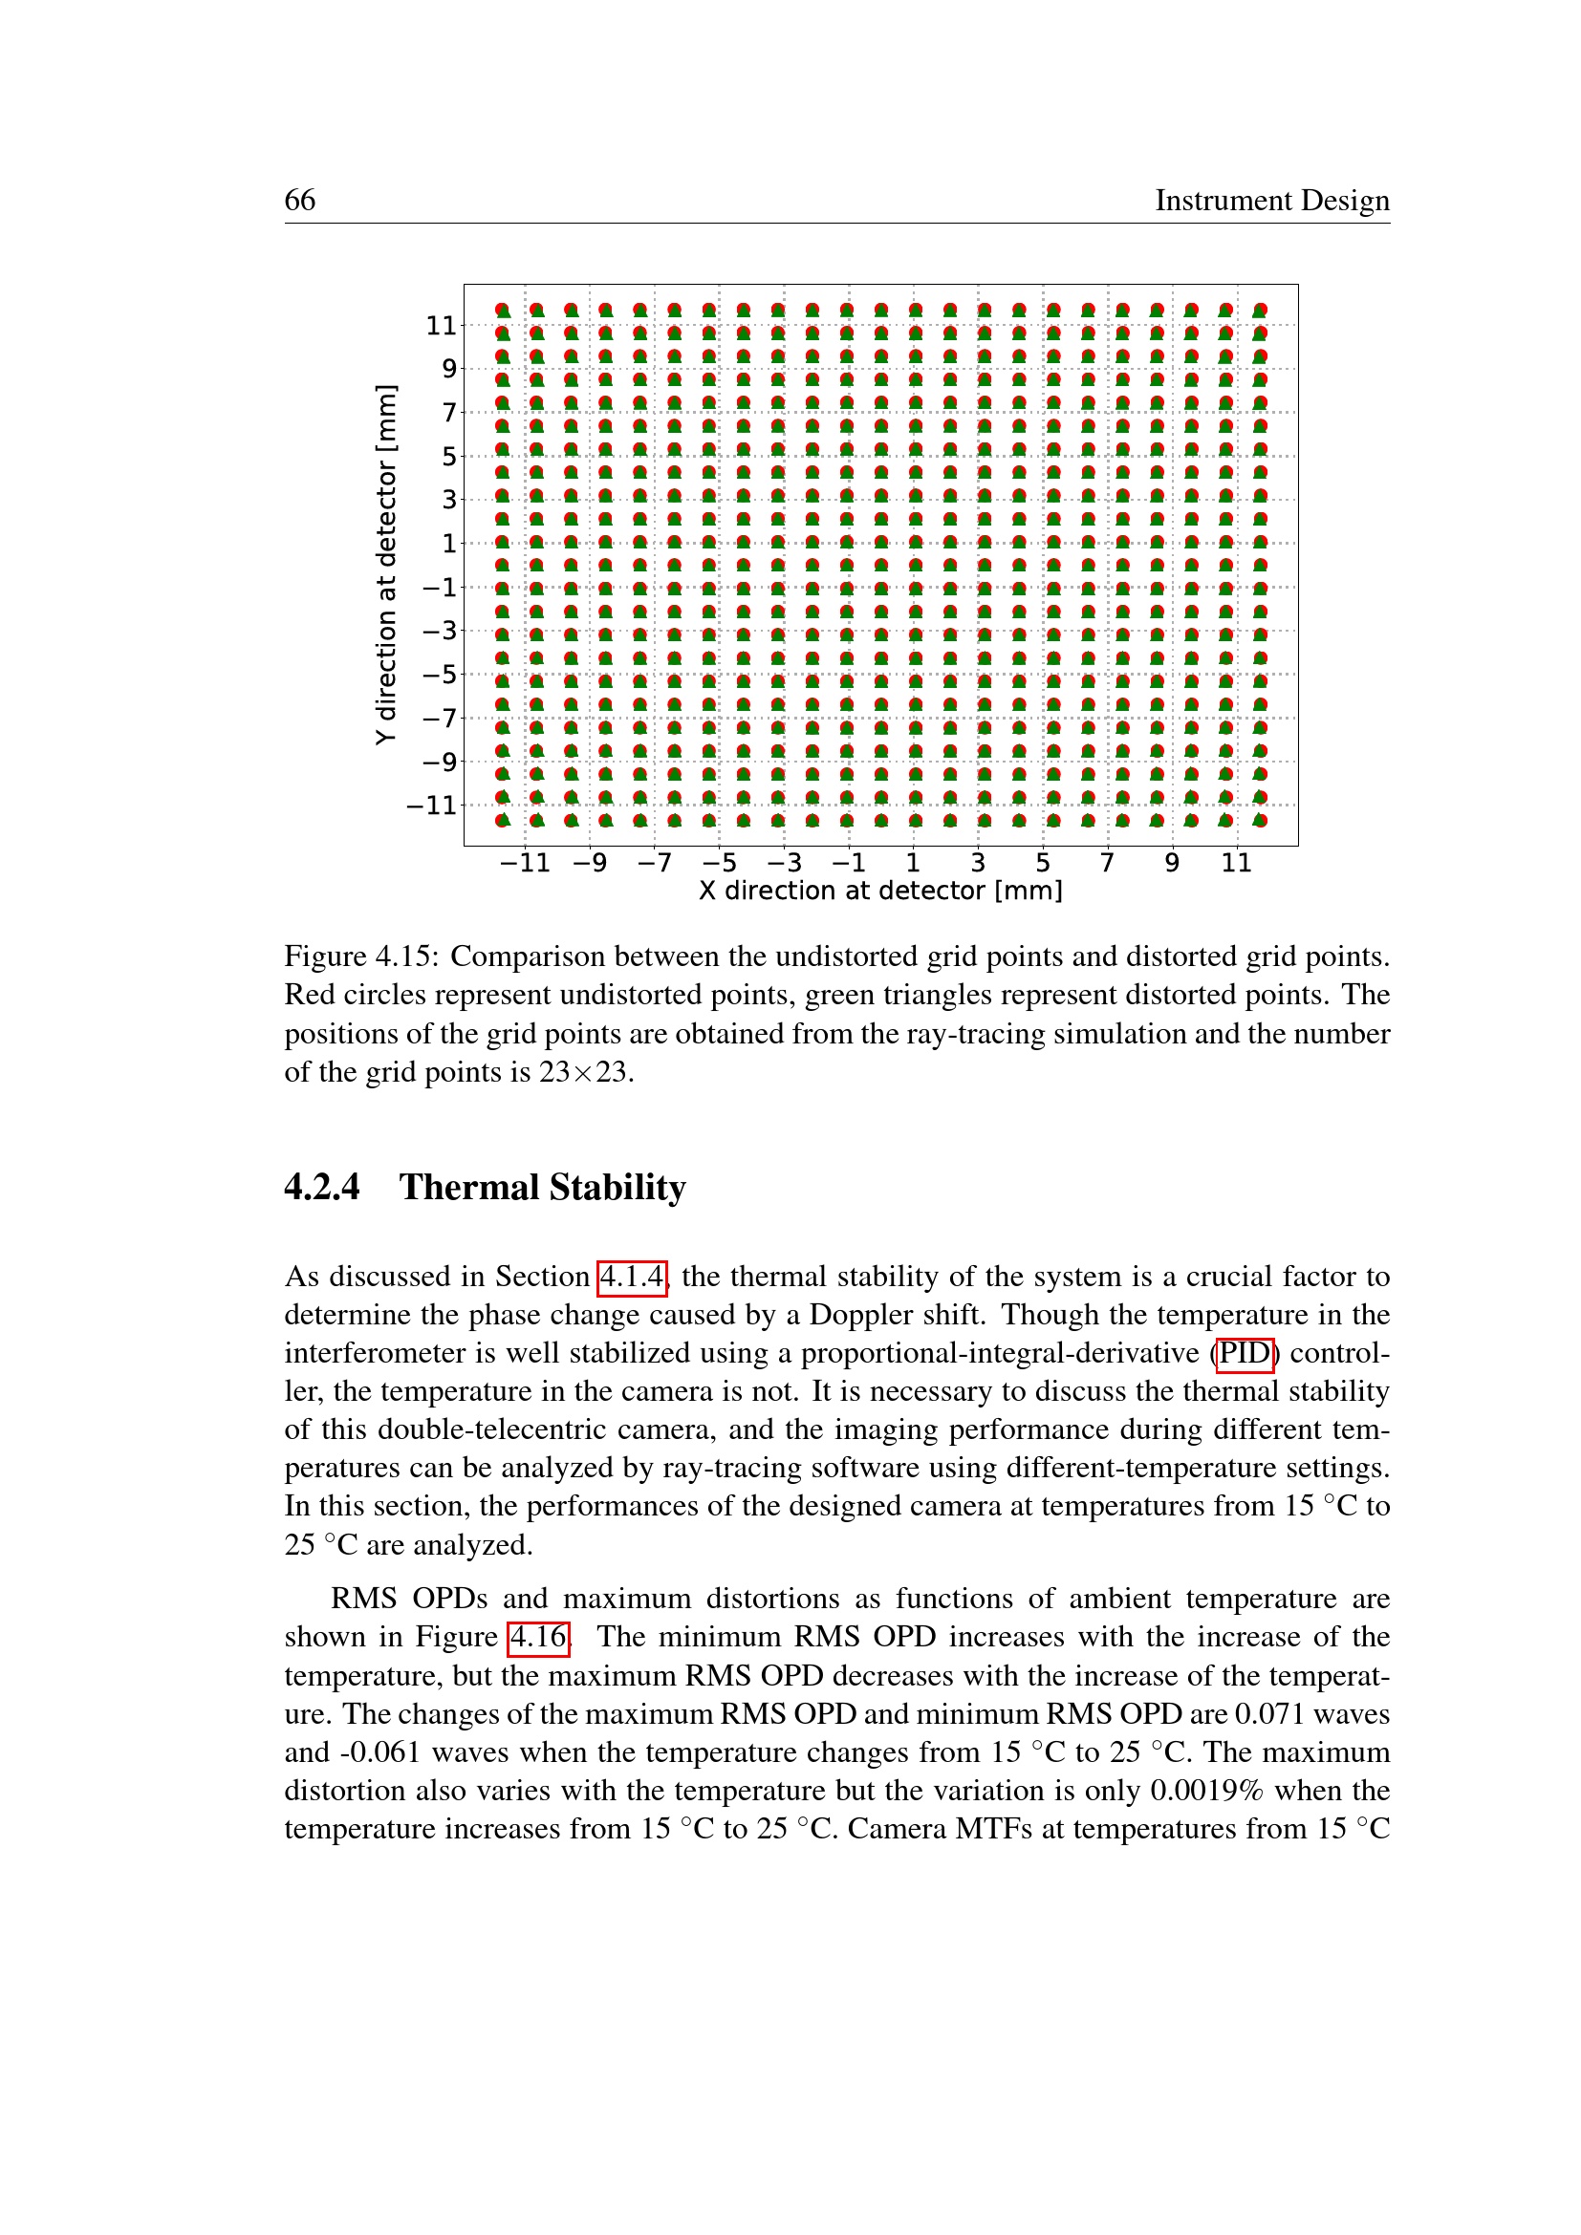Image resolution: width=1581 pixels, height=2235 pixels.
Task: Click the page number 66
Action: coord(300,200)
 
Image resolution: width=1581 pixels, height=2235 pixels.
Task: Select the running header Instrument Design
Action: coord(1271,200)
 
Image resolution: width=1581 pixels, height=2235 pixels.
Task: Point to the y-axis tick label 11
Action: coord(441,325)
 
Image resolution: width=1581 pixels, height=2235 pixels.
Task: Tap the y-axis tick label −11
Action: coord(431,805)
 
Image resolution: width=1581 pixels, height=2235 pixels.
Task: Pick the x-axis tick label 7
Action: coord(1107,863)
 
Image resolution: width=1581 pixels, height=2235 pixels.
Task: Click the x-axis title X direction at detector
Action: coord(880,891)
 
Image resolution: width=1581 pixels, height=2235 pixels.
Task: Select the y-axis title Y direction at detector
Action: coord(386,565)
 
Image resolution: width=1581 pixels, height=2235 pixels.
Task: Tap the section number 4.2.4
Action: coord(322,1188)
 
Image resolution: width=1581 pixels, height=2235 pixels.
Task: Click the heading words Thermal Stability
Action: coord(542,1188)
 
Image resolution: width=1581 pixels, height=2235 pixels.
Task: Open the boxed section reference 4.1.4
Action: coord(632,1277)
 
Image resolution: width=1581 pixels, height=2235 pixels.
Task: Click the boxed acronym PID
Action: coord(1245,1353)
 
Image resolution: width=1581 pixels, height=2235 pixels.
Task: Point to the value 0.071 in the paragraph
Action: coord(1268,1713)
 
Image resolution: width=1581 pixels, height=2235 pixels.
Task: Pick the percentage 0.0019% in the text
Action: coord(1206,1790)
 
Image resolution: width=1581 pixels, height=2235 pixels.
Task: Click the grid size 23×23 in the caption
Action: coord(584,1072)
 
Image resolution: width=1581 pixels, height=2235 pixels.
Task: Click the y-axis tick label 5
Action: coord(449,456)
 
